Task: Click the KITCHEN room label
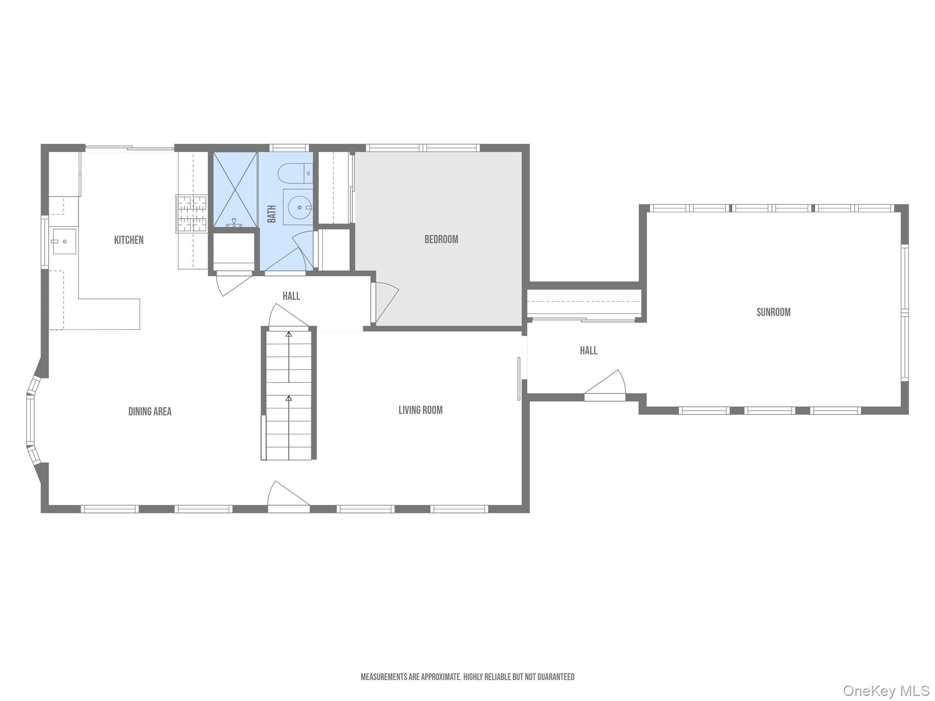[129, 240]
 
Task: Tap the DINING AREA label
[150, 412]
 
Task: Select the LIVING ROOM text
[420, 410]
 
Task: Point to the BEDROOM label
[441, 239]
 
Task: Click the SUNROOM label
[773, 312]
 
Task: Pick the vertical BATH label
[272, 214]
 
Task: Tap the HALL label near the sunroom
[588, 350]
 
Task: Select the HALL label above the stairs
[291, 296]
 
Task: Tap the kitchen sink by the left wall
[64, 241]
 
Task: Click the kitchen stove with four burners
[192, 214]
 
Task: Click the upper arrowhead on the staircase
[289, 335]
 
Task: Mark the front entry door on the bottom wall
[289, 497]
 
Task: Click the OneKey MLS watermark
[886, 691]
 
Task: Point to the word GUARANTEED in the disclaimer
[556, 677]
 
